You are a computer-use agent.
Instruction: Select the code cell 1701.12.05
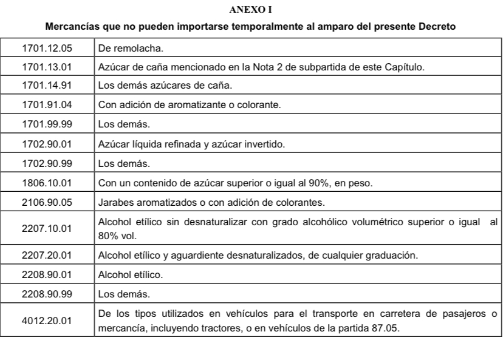[x=47, y=46]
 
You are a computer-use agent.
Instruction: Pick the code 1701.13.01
[x=47, y=66]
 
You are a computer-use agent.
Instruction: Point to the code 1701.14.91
[x=47, y=85]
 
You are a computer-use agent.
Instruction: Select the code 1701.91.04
[x=47, y=105]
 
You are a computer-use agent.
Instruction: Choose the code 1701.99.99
[x=47, y=124]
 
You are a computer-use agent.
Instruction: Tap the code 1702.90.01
[x=47, y=144]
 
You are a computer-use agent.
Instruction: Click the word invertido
[x=265, y=144]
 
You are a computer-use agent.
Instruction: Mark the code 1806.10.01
[x=47, y=183]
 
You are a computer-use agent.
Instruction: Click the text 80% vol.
[x=115, y=235]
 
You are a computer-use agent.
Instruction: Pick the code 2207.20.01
[x=47, y=255]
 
